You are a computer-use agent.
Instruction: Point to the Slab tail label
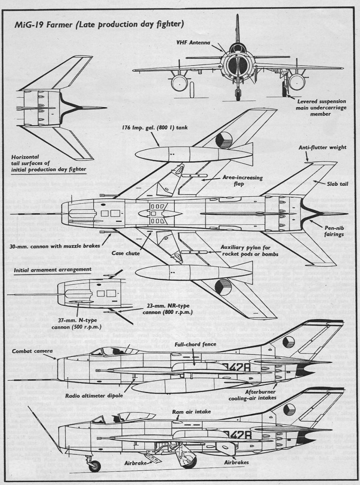(336, 183)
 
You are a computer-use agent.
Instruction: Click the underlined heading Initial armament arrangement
(46, 269)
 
